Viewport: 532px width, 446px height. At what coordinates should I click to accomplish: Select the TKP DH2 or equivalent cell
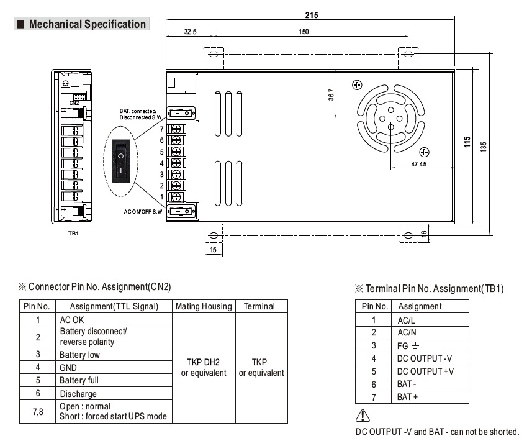tap(204, 367)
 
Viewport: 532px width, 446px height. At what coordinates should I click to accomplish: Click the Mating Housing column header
tap(204, 306)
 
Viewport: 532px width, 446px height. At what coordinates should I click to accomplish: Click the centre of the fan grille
tap(390, 117)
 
